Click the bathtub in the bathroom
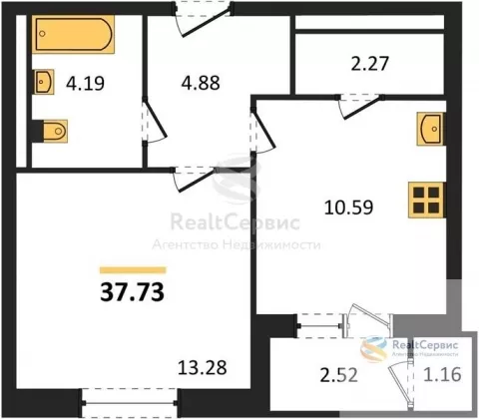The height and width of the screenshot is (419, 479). pyautogui.click(x=74, y=34)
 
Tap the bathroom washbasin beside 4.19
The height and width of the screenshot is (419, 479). pyautogui.click(x=44, y=82)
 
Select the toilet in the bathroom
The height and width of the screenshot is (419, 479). pyautogui.click(x=55, y=132)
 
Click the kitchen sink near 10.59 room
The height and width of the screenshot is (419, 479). pyautogui.click(x=430, y=129)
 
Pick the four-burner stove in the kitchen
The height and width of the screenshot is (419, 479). pyautogui.click(x=426, y=200)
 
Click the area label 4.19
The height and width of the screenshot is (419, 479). pyautogui.click(x=85, y=83)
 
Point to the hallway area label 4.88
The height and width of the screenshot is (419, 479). pyautogui.click(x=201, y=83)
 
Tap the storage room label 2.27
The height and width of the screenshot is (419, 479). pyautogui.click(x=369, y=64)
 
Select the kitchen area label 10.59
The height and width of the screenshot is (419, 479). pyautogui.click(x=348, y=207)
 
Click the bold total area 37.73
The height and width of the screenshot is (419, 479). pyautogui.click(x=132, y=292)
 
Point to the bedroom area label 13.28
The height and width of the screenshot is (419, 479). pyautogui.click(x=203, y=368)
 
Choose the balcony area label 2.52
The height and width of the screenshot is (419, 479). pyautogui.click(x=338, y=375)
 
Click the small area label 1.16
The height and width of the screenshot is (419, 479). pyautogui.click(x=442, y=374)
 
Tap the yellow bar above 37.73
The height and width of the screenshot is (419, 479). pyautogui.click(x=133, y=270)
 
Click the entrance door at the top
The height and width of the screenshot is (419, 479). pyautogui.click(x=203, y=18)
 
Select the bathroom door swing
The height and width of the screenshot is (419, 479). pyautogui.click(x=154, y=122)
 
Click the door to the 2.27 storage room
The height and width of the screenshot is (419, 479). pyautogui.click(x=360, y=106)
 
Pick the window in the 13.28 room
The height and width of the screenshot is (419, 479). pyautogui.click(x=130, y=403)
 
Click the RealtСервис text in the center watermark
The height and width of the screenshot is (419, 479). pyautogui.click(x=236, y=222)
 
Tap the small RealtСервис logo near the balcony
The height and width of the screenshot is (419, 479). pyautogui.click(x=410, y=348)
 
